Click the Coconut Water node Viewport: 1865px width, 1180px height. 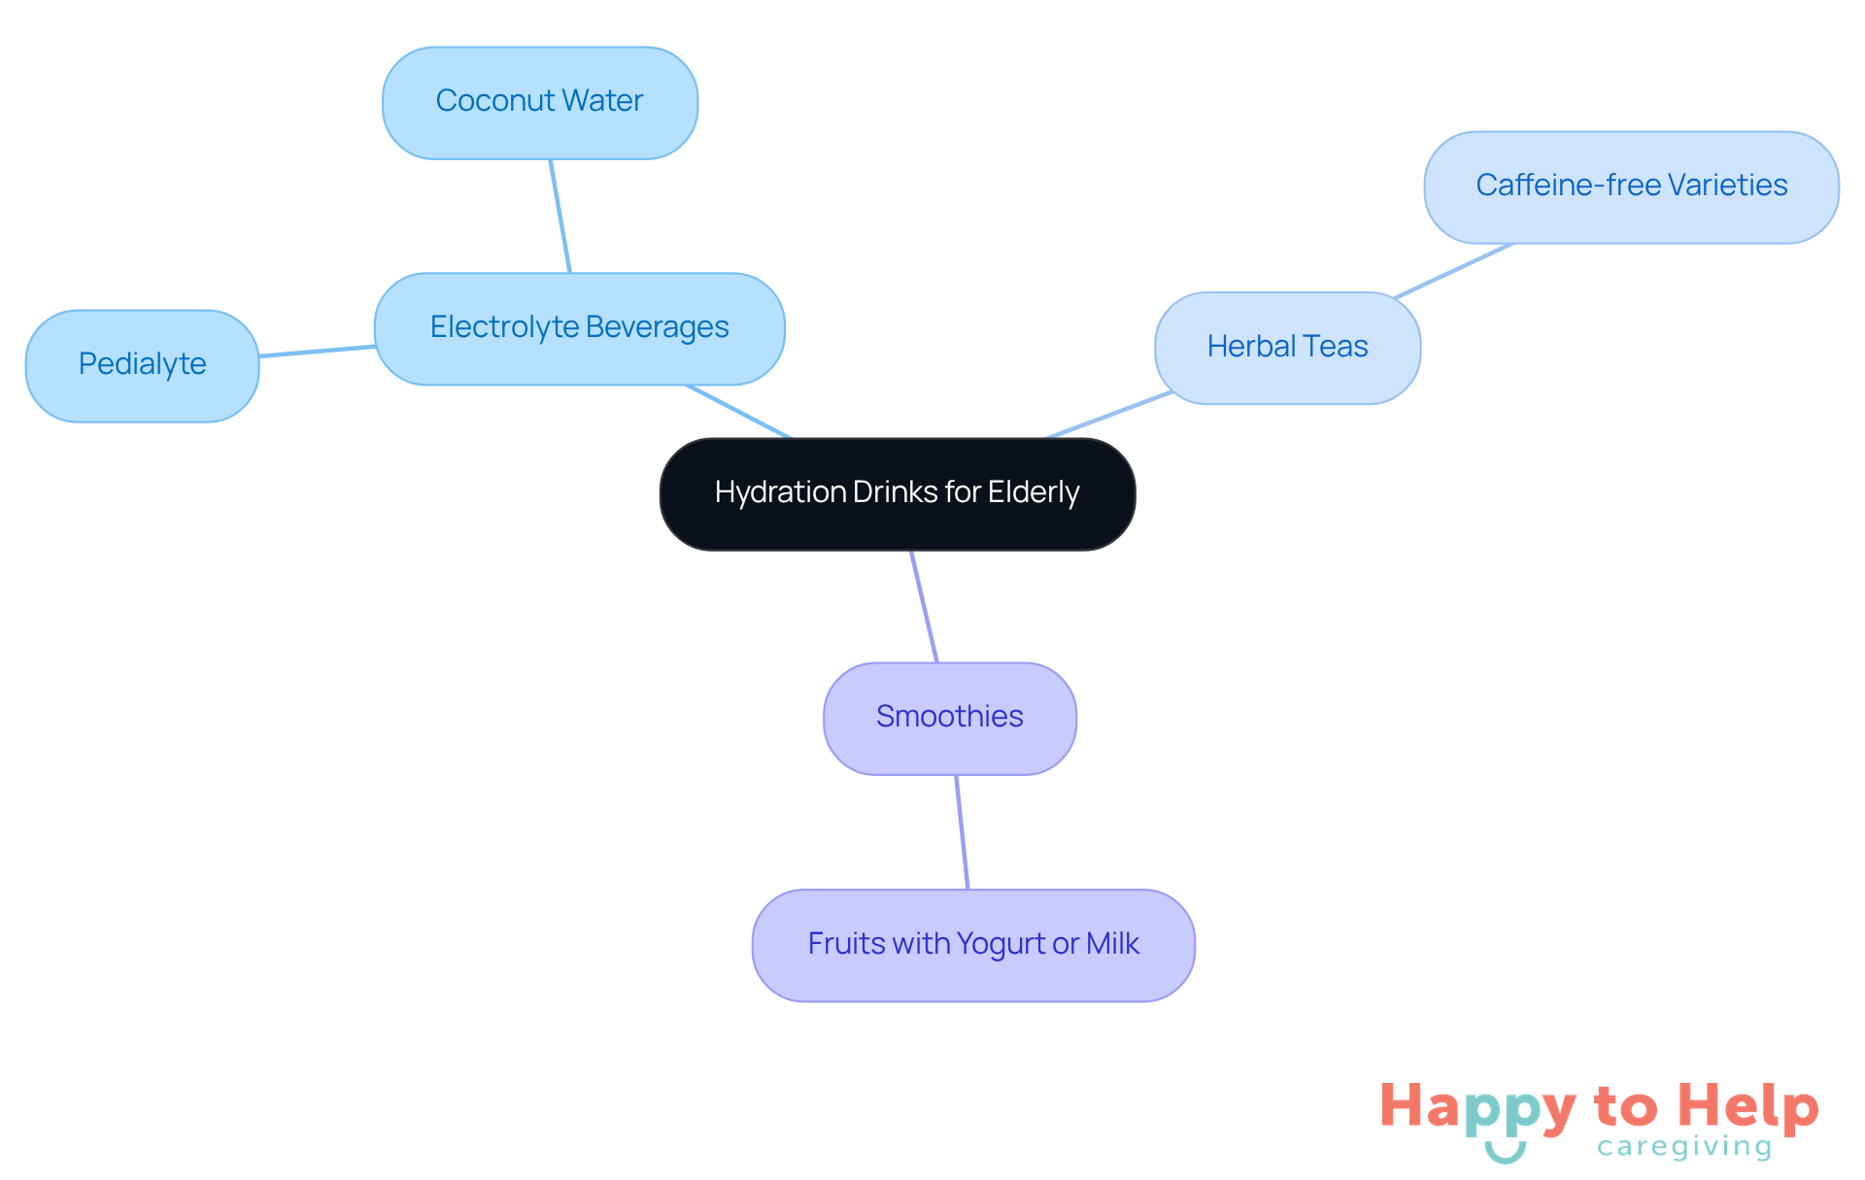tap(540, 103)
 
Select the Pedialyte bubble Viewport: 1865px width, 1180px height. tap(142, 365)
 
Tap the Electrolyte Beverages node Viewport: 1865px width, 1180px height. tap(579, 328)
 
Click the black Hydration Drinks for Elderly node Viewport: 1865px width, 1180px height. tap(897, 493)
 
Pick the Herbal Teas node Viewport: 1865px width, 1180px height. tap(1287, 348)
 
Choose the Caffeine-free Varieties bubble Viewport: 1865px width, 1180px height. tap(1631, 186)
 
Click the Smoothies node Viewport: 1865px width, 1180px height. tap(949, 718)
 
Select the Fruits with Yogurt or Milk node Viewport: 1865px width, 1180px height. tap(973, 944)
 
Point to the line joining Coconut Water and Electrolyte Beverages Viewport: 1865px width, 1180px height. tap(560, 216)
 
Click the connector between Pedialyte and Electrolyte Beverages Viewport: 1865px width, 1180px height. tap(317, 351)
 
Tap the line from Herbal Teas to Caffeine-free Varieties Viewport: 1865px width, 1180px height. tap(1453, 271)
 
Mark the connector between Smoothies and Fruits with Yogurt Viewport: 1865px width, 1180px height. tap(962, 831)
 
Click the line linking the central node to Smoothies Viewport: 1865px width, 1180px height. tap(924, 606)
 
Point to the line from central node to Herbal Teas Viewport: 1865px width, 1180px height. tap(1109, 415)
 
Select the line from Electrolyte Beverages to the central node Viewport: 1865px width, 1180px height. tap(739, 412)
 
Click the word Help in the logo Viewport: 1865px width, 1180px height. tap(1747, 1106)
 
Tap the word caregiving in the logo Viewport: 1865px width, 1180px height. tap(1684, 1147)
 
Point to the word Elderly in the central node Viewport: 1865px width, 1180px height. tap(1034, 492)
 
